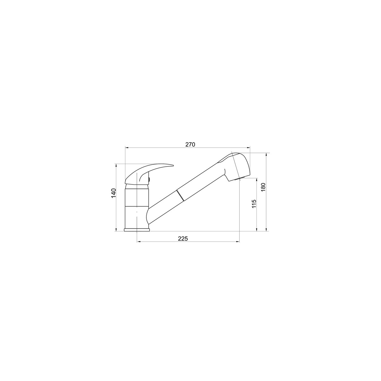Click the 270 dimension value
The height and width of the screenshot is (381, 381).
190,144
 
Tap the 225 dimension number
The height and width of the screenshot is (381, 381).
183,239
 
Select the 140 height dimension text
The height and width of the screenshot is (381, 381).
113,193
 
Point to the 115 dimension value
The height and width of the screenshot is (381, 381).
254,204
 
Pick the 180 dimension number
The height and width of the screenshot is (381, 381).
263,187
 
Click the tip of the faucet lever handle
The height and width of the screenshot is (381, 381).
173,165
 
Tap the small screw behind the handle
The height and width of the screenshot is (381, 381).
150,179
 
